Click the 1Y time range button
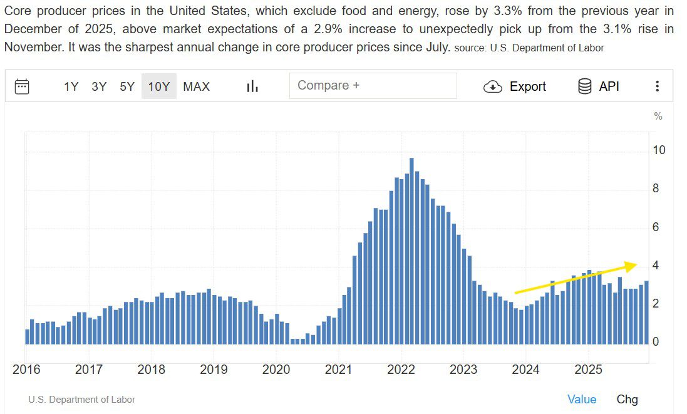click(x=71, y=86)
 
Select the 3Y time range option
click(x=99, y=86)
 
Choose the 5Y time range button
click(x=127, y=86)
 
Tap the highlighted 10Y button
click(x=158, y=86)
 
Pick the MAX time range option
click(x=197, y=86)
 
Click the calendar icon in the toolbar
click(x=22, y=86)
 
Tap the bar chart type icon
click(x=252, y=86)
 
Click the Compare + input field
click(x=373, y=86)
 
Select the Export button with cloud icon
click(x=515, y=86)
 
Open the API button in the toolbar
click(x=599, y=86)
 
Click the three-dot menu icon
click(x=657, y=86)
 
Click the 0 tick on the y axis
click(x=656, y=342)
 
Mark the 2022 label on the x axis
click(x=401, y=370)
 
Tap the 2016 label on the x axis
click(x=26, y=370)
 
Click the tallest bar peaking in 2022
click(x=411, y=251)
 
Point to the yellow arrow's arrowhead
click(x=633, y=265)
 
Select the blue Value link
click(x=582, y=400)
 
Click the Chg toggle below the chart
click(x=627, y=400)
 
